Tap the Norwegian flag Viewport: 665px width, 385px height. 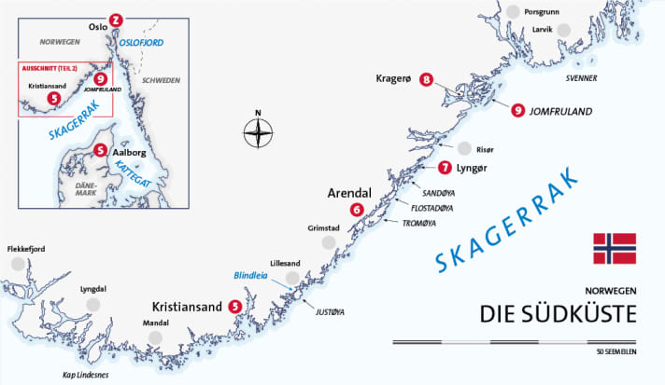point(614,249)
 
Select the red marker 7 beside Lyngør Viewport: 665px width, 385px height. point(444,168)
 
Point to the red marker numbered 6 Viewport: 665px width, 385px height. point(357,210)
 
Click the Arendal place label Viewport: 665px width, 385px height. point(349,193)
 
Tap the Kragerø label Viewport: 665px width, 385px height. point(394,79)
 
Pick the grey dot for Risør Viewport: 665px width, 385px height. point(464,148)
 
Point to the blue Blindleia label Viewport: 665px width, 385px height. point(251,277)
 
